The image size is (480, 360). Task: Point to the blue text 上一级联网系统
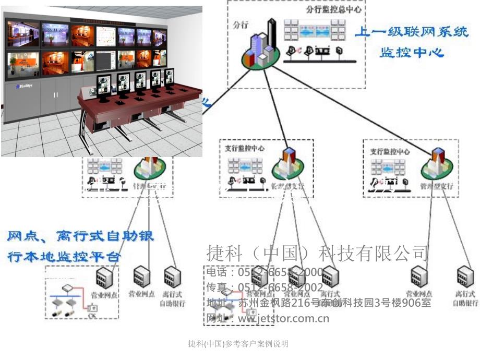pos(412,32)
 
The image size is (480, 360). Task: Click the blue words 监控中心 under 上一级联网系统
pos(412,52)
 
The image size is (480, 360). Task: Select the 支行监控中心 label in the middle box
pos(245,148)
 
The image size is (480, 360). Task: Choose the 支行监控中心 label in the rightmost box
pos(390,152)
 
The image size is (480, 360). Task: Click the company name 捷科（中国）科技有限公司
pos(318,254)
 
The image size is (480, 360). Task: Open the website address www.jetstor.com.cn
pos(283,318)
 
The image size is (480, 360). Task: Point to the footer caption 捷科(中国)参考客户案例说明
pos(238,344)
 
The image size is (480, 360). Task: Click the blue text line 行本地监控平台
pos(65,257)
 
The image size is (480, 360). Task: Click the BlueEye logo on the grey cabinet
pos(23,87)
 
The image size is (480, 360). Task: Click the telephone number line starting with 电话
pos(265,272)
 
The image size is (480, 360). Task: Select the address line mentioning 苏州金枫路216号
pos(319,303)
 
